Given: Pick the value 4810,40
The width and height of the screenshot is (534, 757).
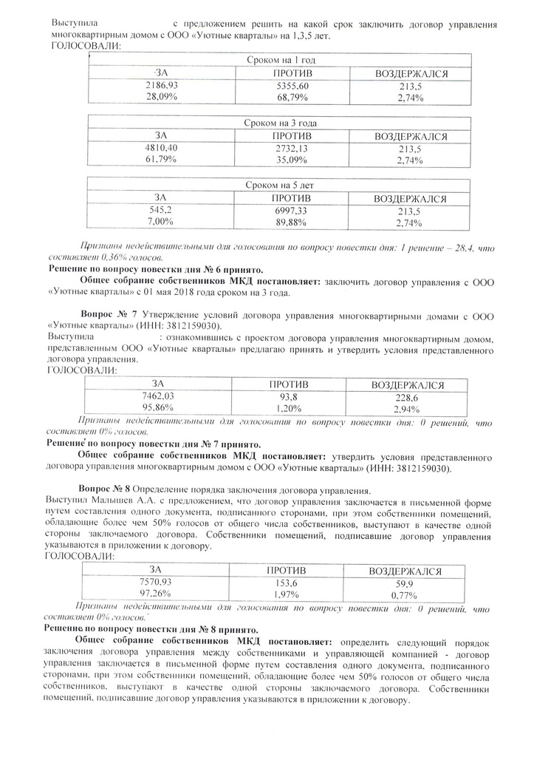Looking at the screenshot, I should coord(161,148).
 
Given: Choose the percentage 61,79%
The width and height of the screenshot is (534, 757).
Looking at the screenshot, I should coord(161,160).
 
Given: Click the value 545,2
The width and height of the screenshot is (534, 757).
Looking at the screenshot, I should coord(161,210).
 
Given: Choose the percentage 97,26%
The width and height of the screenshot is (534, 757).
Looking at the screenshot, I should coord(156,594).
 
